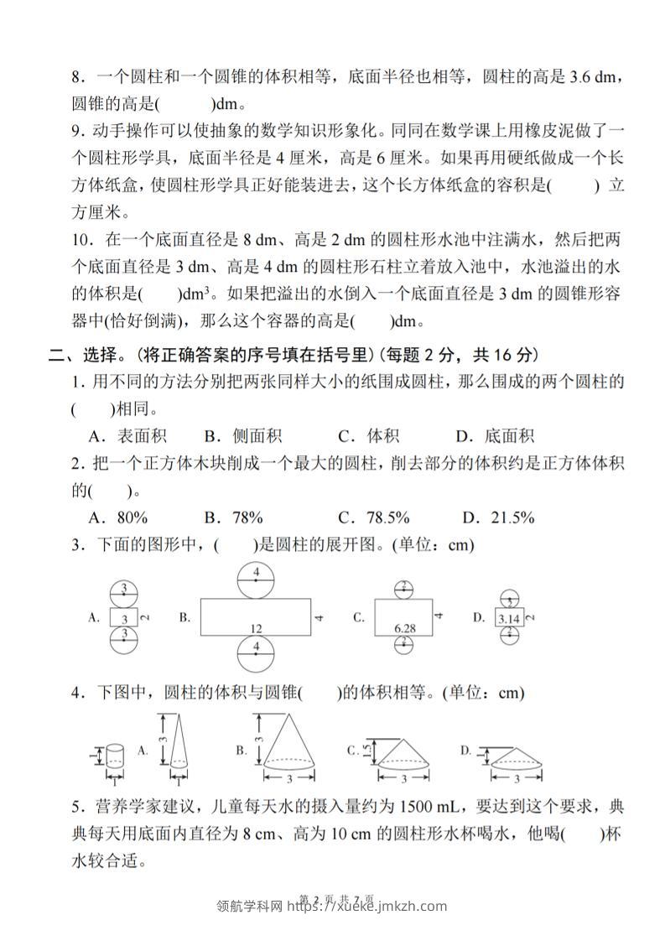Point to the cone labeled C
tap(400, 754)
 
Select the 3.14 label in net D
tap(507, 619)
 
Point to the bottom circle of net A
tap(124, 641)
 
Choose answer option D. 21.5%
tap(495, 517)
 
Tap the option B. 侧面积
tap(243, 435)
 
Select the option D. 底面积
tap(495, 435)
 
